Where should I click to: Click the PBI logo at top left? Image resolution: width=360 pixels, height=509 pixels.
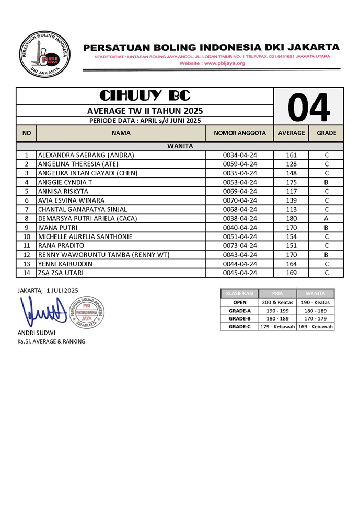(44, 54)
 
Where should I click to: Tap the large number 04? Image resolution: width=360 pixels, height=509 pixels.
(309, 107)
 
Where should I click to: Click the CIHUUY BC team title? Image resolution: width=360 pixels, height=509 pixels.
(145, 96)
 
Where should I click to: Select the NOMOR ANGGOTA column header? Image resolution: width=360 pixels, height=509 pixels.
(240, 133)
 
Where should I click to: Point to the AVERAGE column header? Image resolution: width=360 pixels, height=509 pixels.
(291, 133)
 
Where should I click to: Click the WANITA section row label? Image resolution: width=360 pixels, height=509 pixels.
(180, 146)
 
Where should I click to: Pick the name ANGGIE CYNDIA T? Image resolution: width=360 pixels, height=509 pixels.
(64, 182)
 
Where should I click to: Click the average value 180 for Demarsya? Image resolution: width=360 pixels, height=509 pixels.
(291, 218)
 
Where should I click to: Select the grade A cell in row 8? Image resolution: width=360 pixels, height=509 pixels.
(326, 218)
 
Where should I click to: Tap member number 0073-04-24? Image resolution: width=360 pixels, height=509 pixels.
(240, 245)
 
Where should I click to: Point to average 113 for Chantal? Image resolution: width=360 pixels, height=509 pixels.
(291, 209)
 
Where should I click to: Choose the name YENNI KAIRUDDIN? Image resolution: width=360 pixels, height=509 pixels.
(65, 264)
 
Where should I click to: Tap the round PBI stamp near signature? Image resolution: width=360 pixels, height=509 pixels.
(87, 312)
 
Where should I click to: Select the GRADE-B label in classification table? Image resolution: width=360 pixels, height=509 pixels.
(239, 318)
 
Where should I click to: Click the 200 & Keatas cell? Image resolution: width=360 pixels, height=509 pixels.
(277, 302)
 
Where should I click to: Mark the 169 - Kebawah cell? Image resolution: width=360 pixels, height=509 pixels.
(315, 327)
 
